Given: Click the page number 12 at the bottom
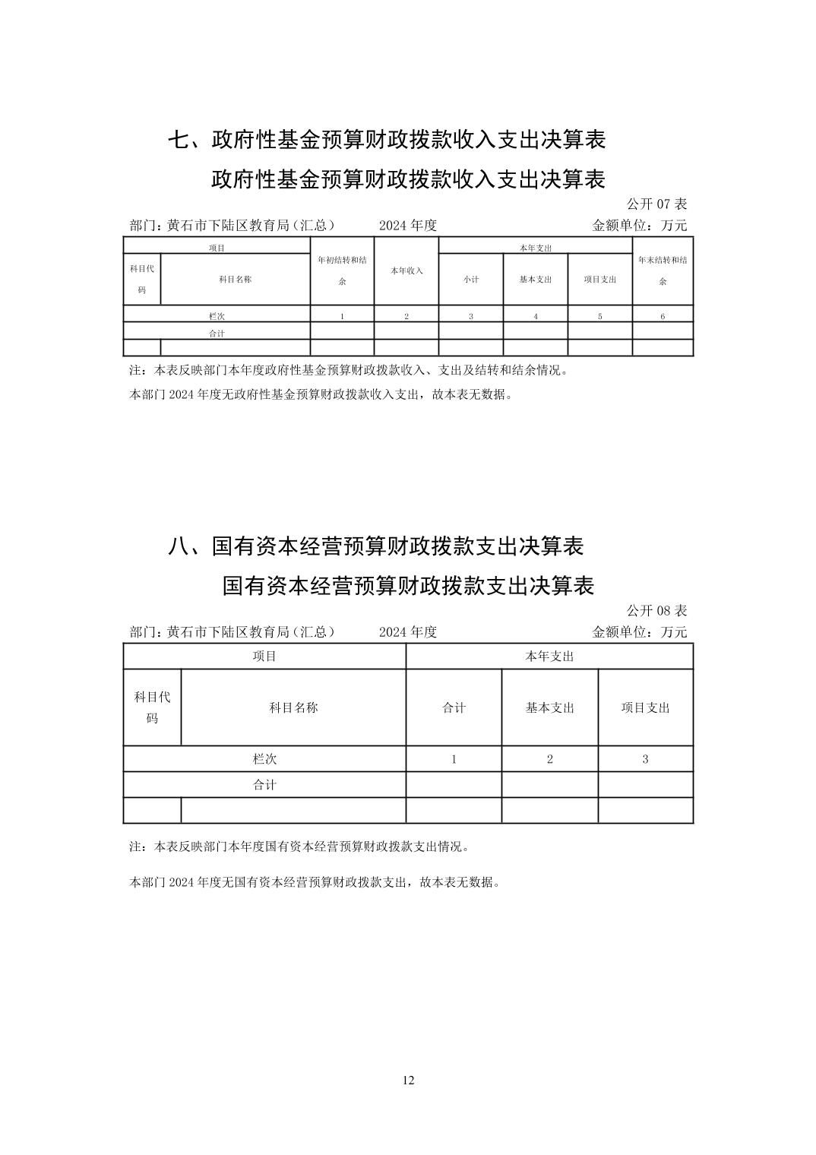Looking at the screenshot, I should click(x=409, y=1081).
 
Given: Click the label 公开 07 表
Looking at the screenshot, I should click(x=656, y=204).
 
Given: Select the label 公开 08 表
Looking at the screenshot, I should click(x=656, y=610).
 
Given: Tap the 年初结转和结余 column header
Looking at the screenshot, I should click(x=342, y=271).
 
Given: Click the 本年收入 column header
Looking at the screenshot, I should click(x=406, y=271).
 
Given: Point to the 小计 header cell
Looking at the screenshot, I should click(x=471, y=279).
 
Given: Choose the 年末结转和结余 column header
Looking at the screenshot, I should click(x=663, y=271).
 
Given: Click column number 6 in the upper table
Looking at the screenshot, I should click(x=663, y=316).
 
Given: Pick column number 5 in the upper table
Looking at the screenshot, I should click(x=599, y=316).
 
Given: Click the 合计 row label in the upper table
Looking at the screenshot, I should click(x=217, y=333).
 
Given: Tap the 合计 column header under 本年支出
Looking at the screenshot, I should click(x=454, y=707).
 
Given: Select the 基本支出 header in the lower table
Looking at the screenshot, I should click(x=549, y=707).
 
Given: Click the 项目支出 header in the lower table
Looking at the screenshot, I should click(x=645, y=707).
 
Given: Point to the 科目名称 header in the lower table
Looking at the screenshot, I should click(x=293, y=707).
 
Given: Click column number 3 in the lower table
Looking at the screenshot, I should click(x=645, y=758).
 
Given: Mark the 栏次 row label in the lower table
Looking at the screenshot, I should click(x=264, y=758).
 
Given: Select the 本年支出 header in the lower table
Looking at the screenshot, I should click(x=549, y=656).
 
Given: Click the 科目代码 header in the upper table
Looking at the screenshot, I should click(x=142, y=279).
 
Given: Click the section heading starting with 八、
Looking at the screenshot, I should click(x=375, y=546).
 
